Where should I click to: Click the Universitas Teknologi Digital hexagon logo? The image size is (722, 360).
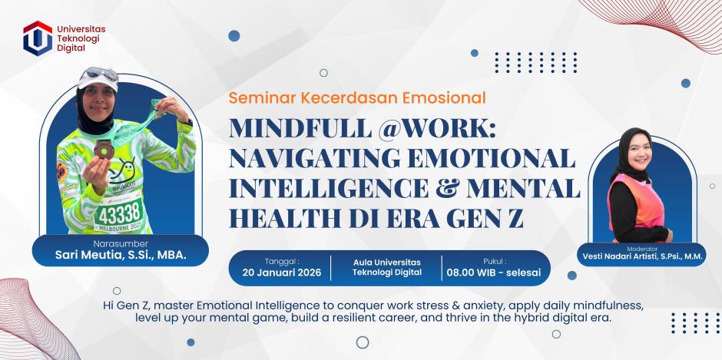coord(38,37)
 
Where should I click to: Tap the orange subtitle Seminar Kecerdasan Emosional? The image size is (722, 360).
coord(357,98)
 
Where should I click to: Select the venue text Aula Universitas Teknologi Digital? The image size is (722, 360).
coord(388,267)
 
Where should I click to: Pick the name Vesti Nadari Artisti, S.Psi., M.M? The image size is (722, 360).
coord(641,257)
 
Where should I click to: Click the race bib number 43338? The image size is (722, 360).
coord(119,211)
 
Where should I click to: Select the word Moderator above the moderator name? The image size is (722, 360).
coord(641,247)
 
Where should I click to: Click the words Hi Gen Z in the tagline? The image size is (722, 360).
coord(125,305)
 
